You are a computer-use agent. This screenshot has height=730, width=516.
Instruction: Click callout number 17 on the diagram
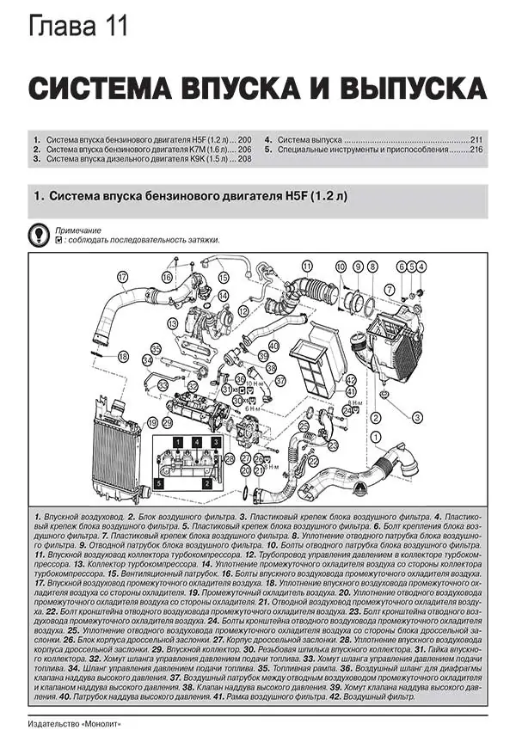coord(123,276)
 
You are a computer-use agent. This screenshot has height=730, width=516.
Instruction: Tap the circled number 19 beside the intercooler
coord(152,422)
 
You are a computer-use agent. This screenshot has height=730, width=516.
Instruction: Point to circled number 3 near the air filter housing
coord(415,416)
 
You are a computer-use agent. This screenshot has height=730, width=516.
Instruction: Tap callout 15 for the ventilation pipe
coord(223,277)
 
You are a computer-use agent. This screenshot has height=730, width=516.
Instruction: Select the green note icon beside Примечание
coord(38,234)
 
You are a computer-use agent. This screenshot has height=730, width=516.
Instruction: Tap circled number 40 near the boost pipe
coord(273,346)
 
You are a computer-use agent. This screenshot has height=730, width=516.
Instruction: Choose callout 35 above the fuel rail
coord(156,348)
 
